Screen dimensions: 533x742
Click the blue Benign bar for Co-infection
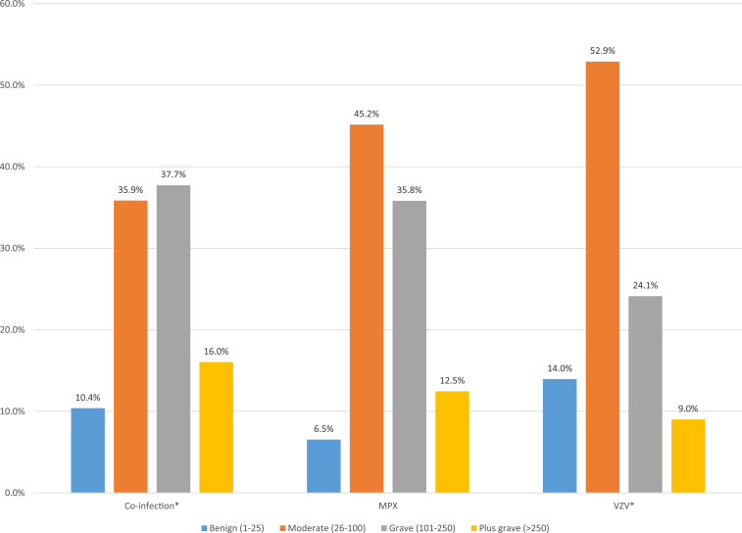coord(88,450)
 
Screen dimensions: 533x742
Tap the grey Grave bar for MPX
coord(409,347)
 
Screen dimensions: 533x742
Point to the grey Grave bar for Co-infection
coord(173,339)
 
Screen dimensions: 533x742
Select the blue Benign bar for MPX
coord(323,465)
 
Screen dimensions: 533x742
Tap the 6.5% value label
coord(323,428)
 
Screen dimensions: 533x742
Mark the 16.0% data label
coord(216,350)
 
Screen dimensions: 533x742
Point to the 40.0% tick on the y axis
coord(17,167)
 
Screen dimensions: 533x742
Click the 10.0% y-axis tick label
coord(17,412)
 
